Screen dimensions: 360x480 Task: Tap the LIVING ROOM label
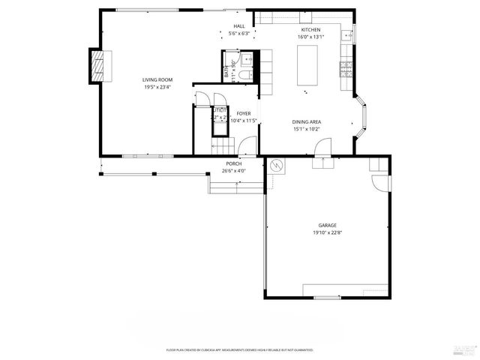pyautogui.click(x=158, y=79)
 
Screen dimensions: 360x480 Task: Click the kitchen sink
pyautogui.click(x=347, y=35)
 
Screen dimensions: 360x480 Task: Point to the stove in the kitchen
pyautogui.click(x=347, y=70)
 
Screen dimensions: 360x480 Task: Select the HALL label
pyautogui.click(x=239, y=26)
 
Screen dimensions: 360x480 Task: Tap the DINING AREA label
pyautogui.click(x=307, y=121)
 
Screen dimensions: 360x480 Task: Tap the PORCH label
pyautogui.click(x=233, y=163)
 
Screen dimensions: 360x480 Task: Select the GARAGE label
pyautogui.click(x=326, y=225)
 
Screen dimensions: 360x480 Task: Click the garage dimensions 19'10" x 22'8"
pyautogui.click(x=326, y=232)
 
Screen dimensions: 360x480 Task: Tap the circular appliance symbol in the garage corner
pyautogui.click(x=277, y=165)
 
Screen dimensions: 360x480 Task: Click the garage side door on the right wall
pyautogui.click(x=382, y=182)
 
